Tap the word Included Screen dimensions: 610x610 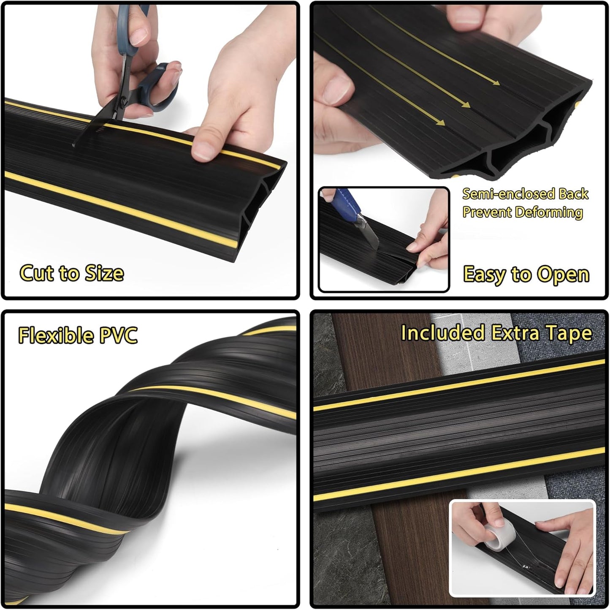442,333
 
